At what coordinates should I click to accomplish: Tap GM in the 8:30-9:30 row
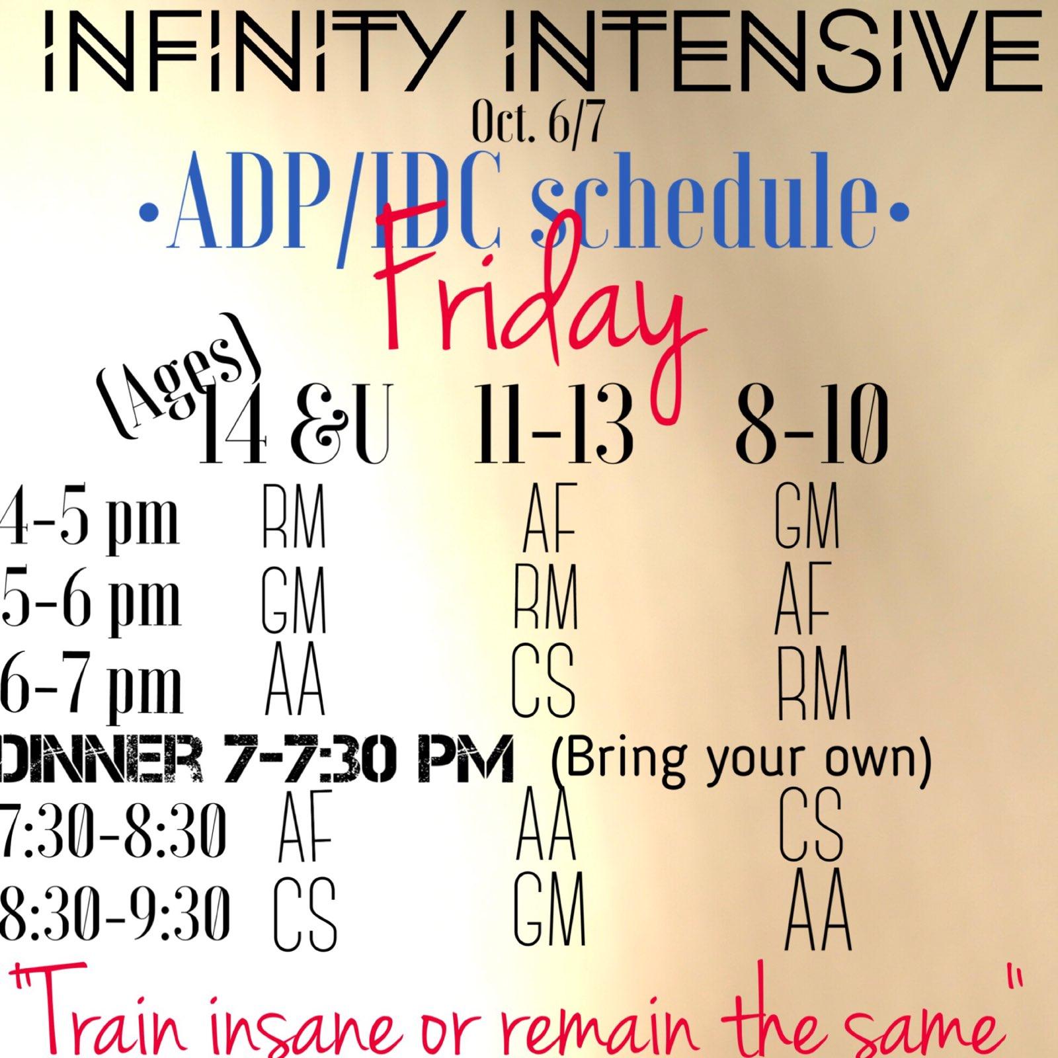[549, 909]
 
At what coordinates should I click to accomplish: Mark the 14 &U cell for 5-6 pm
[294, 602]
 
